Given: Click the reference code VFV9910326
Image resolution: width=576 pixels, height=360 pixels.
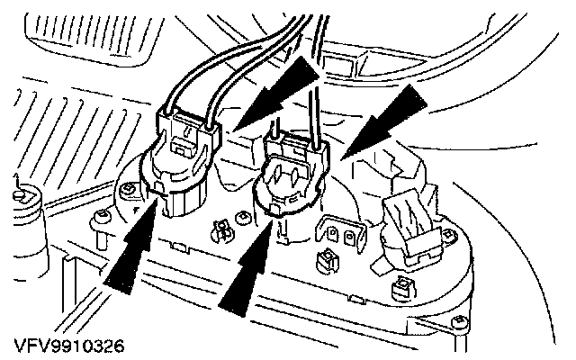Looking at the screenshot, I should point(67,345).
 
